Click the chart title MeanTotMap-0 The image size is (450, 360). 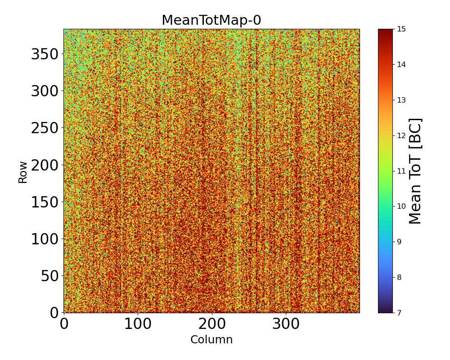pos(211,21)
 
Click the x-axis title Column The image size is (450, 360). pos(211,340)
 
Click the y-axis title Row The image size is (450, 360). pos(23,172)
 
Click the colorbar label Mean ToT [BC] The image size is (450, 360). pos(415,171)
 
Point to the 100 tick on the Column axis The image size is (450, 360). pos(138,324)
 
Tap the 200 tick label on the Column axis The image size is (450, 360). pos(212,324)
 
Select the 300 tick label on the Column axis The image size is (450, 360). pos(286,324)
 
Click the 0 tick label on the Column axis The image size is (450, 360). pos(64,324)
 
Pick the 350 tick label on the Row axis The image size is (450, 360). pos(45,54)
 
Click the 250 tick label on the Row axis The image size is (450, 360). pos(45,128)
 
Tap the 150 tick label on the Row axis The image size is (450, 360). pos(45,202)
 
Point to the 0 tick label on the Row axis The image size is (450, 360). pos(55,312)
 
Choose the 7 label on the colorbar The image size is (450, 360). pos(398,312)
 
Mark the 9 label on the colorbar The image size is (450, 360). pos(398,242)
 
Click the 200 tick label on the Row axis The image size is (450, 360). pos(45,165)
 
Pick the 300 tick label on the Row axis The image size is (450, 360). pos(45,91)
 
